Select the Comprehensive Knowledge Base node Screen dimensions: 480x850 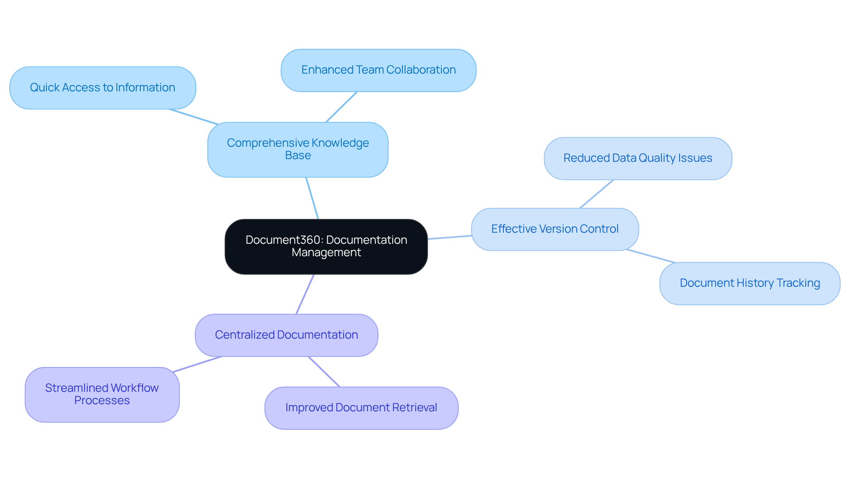click(297, 149)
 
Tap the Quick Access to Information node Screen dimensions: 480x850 click(102, 88)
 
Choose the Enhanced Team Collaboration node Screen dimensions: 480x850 click(378, 70)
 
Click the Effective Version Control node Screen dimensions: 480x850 click(555, 229)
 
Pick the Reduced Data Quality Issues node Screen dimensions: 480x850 click(637, 158)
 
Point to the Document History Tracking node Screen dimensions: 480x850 click(750, 283)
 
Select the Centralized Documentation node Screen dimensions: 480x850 click(286, 335)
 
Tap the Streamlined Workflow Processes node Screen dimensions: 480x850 click(102, 394)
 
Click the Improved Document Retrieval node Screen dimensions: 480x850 click(361, 408)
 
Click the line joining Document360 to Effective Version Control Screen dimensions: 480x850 click(449, 237)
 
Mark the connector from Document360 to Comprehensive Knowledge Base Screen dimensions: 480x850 click(312, 198)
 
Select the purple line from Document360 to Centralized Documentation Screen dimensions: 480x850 click(305, 294)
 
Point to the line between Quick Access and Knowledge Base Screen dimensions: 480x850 click(193, 117)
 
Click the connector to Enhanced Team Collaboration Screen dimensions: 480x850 click(341, 107)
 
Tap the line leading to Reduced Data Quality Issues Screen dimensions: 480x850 click(596, 194)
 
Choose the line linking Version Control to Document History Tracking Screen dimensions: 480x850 click(651, 256)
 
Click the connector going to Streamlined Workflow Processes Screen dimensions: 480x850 click(197, 364)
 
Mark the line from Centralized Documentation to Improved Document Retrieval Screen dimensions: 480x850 click(324, 371)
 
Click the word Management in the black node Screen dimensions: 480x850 click(326, 252)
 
